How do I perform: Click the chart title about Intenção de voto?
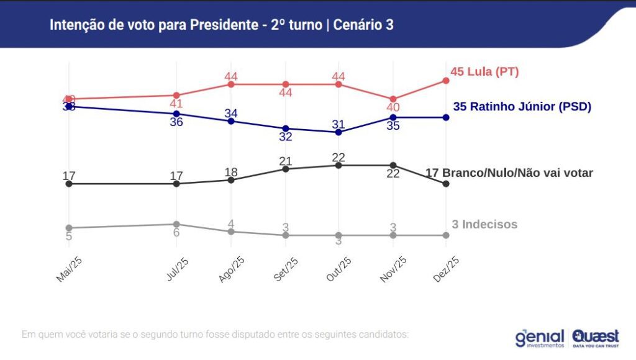(x=221, y=25)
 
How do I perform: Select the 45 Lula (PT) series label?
(x=484, y=72)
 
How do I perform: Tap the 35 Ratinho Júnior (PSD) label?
(x=522, y=106)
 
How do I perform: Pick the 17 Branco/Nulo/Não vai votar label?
(x=509, y=173)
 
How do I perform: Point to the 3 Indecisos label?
(x=484, y=224)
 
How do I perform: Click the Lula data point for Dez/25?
(x=445, y=81)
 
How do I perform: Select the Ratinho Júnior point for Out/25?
(x=338, y=132)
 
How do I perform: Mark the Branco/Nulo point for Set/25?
(x=286, y=169)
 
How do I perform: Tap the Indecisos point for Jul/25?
(x=176, y=224)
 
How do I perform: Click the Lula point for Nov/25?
(x=393, y=99)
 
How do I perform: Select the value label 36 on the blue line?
(x=176, y=122)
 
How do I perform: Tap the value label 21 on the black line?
(x=285, y=161)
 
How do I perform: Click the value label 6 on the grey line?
(x=176, y=233)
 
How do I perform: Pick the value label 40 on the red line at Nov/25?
(x=393, y=108)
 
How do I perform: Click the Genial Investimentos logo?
(x=540, y=338)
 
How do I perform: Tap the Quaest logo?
(x=596, y=338)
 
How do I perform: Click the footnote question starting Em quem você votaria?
(x=215, y=334)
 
